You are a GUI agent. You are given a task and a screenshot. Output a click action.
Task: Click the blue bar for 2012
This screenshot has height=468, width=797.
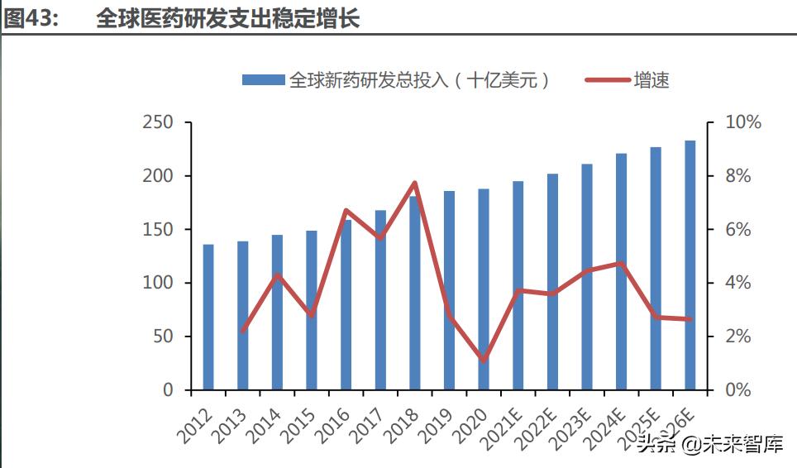(x=208, y=318)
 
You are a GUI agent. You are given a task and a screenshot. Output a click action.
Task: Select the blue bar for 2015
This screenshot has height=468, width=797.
(x=312, y=310)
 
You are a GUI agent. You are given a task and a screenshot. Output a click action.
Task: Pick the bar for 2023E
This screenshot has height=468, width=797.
(x=587, y=277)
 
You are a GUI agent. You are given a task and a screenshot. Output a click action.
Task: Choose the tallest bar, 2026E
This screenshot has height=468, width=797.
(x=690, y=265)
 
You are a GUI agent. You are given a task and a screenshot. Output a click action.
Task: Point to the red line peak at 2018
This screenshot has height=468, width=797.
(x=415, y=183)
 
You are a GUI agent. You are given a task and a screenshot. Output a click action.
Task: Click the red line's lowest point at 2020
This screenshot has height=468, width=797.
(x=484, y=361)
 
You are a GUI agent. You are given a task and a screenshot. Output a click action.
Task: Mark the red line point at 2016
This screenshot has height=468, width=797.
(x=346, y=210)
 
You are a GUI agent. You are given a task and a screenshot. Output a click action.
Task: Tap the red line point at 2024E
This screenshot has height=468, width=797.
(x=621, y=263)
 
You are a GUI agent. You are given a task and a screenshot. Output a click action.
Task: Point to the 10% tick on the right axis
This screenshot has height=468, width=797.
(x=742, y=122)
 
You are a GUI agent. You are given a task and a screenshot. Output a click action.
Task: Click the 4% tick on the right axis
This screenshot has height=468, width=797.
(x=737, y=283)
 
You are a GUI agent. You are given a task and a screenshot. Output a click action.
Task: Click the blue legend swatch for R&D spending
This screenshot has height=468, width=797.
(x=263, y=80)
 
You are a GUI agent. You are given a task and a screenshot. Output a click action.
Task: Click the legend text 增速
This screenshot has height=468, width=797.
(x=651, y=80)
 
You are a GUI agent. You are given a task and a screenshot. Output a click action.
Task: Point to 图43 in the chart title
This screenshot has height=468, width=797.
(x=31, y=19)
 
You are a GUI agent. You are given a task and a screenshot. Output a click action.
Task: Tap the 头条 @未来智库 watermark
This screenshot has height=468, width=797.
(x=709, y=446)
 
